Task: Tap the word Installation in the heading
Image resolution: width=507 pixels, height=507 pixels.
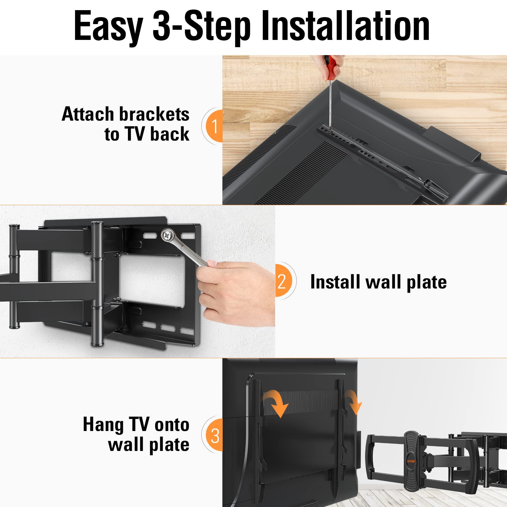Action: coord(345,26)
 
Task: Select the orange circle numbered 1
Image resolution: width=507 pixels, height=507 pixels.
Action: coord(215,126)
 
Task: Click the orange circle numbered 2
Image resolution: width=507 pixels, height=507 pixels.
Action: coord(282,281)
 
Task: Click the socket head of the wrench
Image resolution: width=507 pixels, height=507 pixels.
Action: coord(167,235)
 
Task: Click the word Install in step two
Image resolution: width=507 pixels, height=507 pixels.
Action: coord(336,282)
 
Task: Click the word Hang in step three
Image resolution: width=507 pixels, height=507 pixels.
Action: coord(103,425)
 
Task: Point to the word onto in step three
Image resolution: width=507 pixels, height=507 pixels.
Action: coord(172,425)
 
